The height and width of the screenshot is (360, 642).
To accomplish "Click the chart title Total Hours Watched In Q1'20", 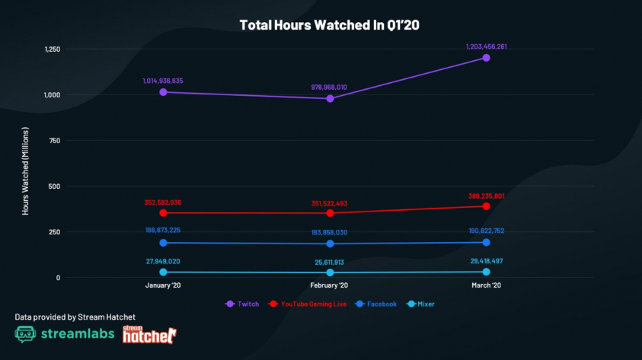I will click(330, 25).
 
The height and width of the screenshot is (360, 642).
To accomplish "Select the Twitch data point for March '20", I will click(486, 58).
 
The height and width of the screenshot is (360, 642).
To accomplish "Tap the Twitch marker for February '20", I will click(330, 98).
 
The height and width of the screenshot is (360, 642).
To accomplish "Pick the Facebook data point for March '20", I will click(486, 243).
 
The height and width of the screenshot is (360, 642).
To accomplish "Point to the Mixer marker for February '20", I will click(330, 272).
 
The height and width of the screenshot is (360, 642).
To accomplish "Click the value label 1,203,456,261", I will click(486, 46).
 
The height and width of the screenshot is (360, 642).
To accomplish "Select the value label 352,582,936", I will click(173, 202).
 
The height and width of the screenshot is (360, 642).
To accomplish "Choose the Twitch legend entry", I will click(242, 304).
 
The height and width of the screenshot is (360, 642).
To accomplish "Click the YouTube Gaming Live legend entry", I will click(308, 304).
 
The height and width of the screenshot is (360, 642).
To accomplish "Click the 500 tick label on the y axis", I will click(53, 186).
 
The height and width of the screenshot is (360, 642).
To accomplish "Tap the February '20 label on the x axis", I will click(330, 285).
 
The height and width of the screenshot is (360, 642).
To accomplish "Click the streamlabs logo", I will click(64, 333).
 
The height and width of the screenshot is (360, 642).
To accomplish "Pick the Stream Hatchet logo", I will click(149, 333).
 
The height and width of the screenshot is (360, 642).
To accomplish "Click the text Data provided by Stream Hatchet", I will click(65, 316).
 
